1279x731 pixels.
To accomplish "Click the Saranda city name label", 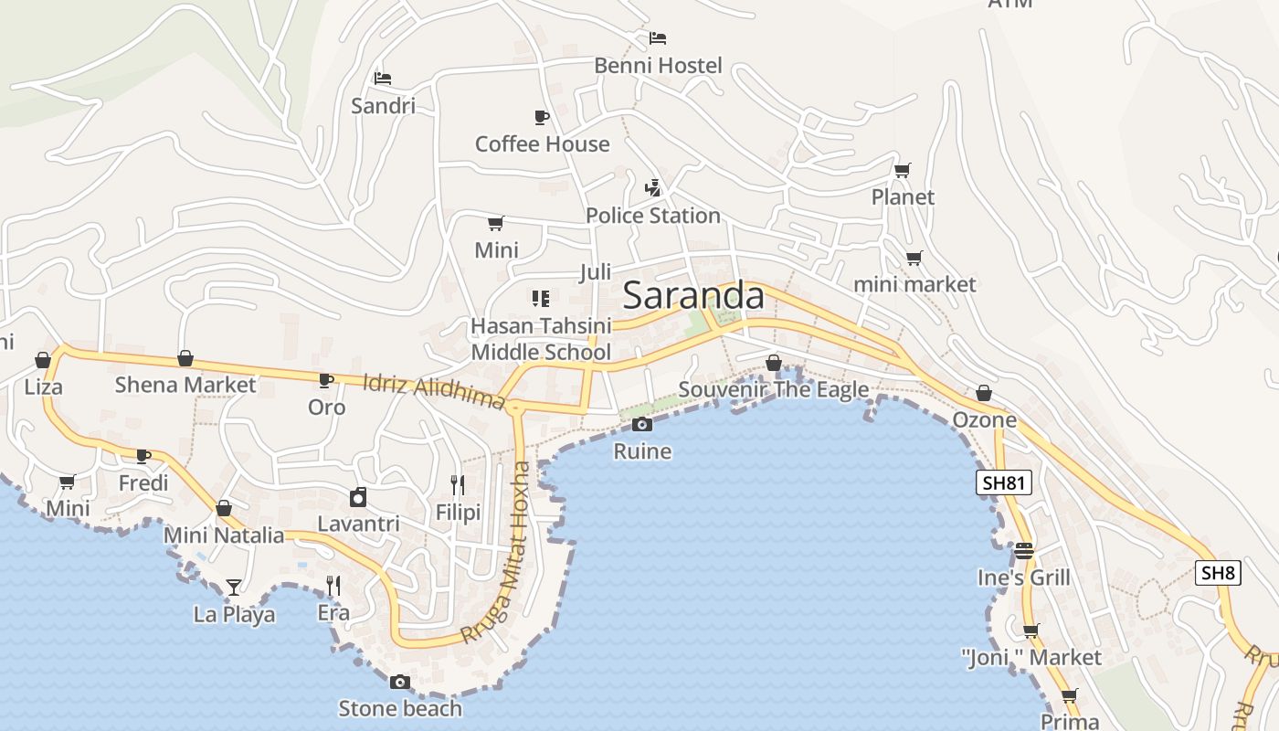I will pyautogui.click(x=693, y=296).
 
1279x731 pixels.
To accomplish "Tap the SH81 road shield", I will pyautogui.click(x=1003, y=483).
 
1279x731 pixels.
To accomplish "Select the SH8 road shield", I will pyautogui.click(x=1218, y=573).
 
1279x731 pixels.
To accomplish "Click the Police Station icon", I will pyautogui.click(x=652, y=189).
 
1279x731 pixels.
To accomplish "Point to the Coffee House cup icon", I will pyautogui.click(x=541, y=117).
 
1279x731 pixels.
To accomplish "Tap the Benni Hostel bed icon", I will pyautogui.click(x=657, y=38).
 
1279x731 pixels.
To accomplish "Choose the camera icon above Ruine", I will pyautogui.click(x=642, y=424).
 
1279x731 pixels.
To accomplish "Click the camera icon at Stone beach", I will pyautogui.click(x=399, y=682).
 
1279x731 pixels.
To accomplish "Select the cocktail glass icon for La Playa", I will pyautogui.click(x=234, y=587).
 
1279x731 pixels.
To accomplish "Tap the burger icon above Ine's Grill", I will pyautogui.click(x=1023, y=551).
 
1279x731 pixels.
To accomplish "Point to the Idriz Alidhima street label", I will pyautogui.click(x=434, y=391).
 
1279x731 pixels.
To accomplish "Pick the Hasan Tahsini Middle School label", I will pyautogui.click(x=541, y=339).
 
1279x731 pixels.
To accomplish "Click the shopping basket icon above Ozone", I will pyautogui.click(x=984, y=393).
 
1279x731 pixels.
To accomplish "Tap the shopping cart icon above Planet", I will pyautogui.click(x=902, y=170).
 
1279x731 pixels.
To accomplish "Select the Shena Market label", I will pyautogui.click(x=185, y=385).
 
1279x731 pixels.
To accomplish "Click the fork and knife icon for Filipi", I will pyautogui.click(x=458, y=484).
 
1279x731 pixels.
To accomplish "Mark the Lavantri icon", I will pyautogui.click(x=358, y=497).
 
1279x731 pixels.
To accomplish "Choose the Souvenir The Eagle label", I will pyautogui.click(x=774, y=390).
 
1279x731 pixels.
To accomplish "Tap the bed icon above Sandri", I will pyautogui.click(x=383, y=79).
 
